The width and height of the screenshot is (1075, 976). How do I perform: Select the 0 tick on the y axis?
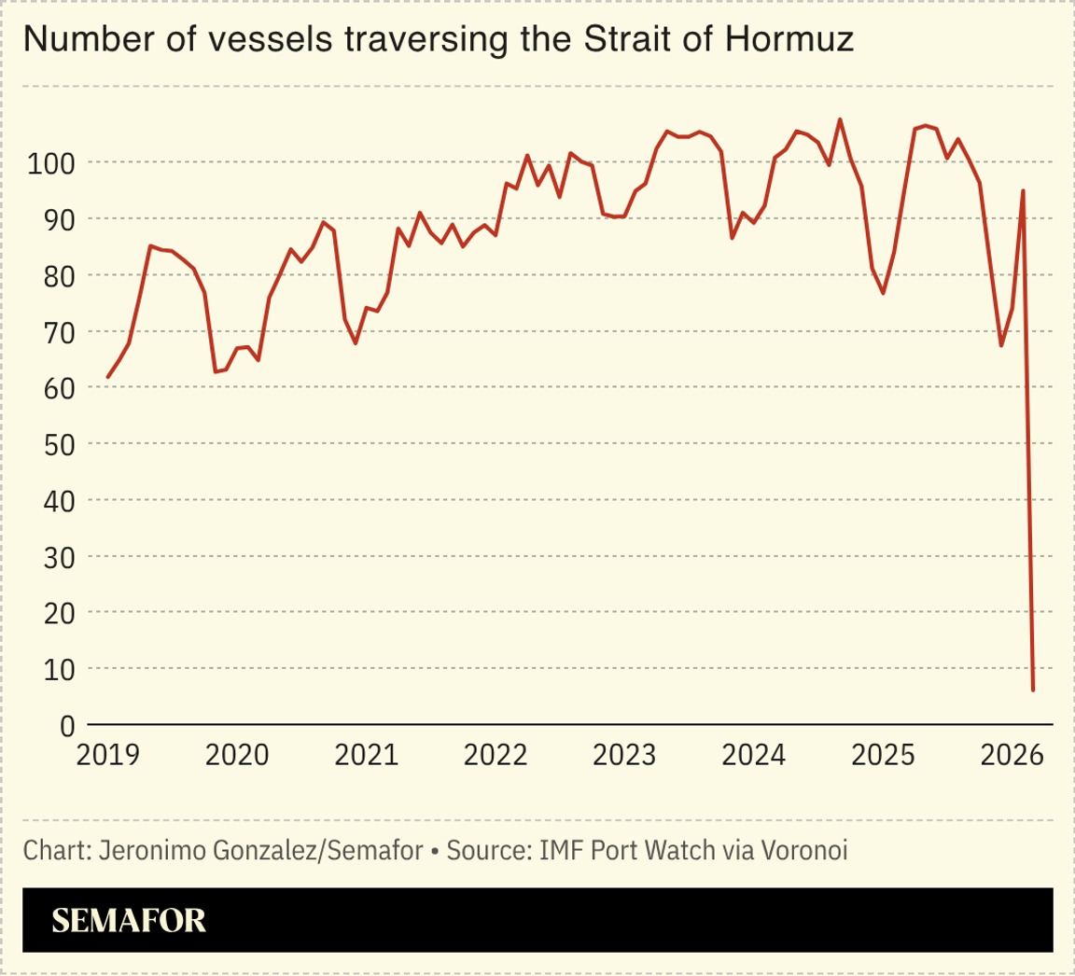point(67,725)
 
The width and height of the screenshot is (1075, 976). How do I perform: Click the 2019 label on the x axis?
point(107,754)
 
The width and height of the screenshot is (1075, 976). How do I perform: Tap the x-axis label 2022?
point(496,754)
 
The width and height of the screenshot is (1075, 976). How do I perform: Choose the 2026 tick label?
point(1012,754)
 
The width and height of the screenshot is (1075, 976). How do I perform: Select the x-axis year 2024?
point(754,754)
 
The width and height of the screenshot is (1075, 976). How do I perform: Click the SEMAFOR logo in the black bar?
point(128,921)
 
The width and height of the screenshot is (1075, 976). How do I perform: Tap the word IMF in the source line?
point(563,851)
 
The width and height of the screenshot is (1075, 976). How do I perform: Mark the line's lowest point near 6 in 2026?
point(1033,690)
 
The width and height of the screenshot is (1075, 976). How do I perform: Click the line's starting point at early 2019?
point(108,377)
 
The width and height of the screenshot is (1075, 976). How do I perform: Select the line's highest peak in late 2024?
point(840,119)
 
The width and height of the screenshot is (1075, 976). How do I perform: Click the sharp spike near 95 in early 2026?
point(1023,190)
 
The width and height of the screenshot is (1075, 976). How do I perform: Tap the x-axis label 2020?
point(237,754)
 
